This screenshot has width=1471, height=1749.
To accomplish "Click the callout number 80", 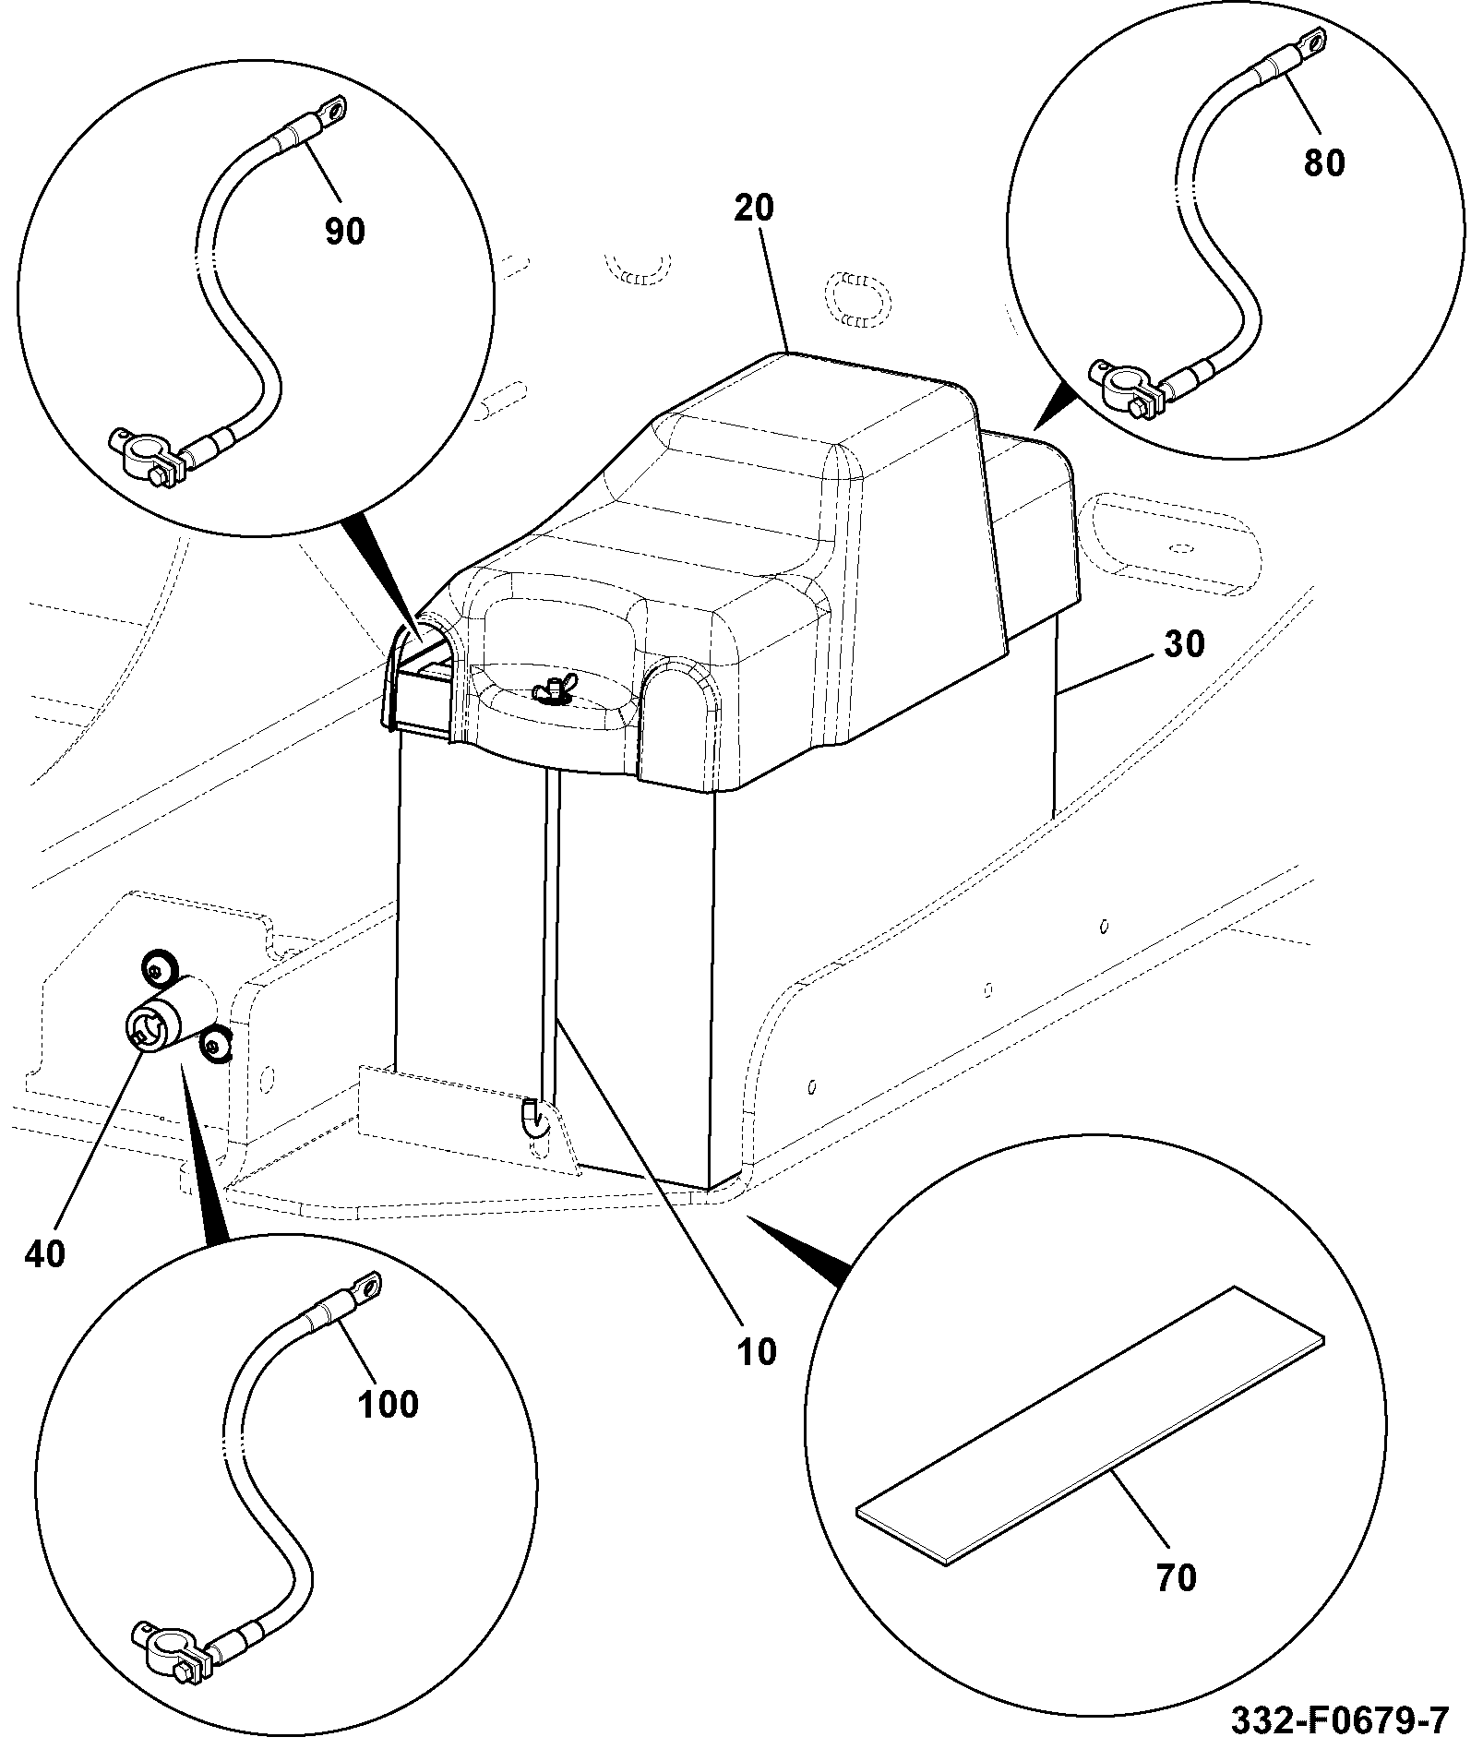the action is click(1324, 163).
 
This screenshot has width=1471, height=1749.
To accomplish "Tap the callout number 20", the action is click(754, 209).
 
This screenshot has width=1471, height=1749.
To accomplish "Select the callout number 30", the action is click(1184, 644).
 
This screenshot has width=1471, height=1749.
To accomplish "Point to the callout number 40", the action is click(44, 1254).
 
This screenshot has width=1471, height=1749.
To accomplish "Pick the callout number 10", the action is click(757, 1353).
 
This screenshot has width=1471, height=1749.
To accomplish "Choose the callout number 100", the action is click(389, 1405).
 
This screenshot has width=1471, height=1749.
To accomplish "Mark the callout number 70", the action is click(1176, 1578).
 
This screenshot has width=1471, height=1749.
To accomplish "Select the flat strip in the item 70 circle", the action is click(1090, 1427).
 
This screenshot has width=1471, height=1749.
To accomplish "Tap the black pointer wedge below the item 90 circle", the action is click(381, 569).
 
